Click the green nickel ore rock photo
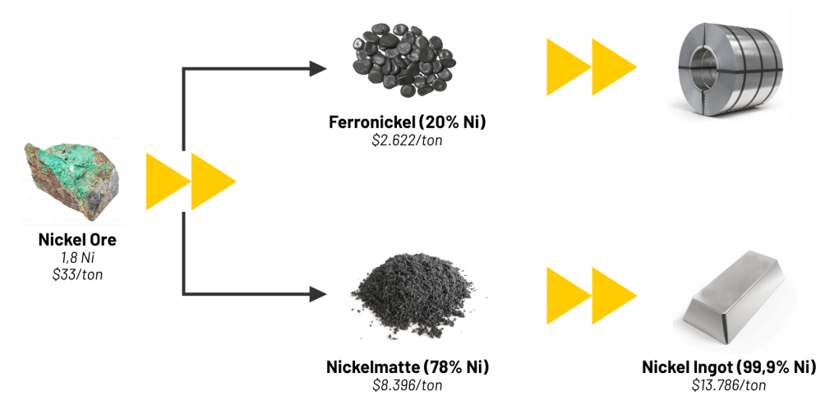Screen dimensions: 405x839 72,182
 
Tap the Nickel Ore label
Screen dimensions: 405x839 77,241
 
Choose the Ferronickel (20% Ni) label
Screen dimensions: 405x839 407,124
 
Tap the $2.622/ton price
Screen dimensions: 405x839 407,140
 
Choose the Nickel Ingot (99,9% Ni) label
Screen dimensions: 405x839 729,367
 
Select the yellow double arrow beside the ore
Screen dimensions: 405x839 191,181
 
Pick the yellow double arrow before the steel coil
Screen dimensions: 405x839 591,66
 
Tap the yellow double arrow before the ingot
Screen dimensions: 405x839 591,293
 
